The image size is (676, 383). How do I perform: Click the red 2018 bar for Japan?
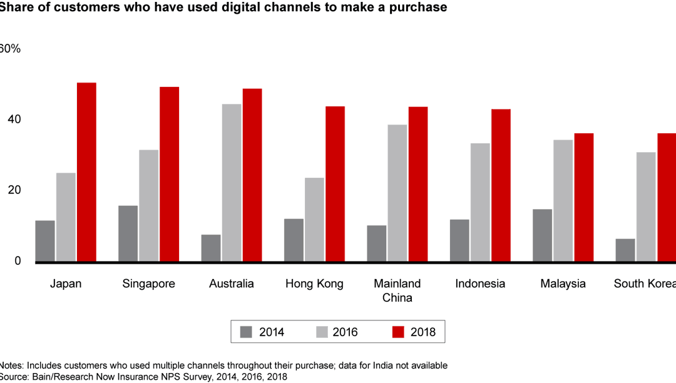pyautogui.click(x=86, y=172)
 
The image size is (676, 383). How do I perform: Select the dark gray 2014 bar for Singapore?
pyautogui.click(x=128, y=233)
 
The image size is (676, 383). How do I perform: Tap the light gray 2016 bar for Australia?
pyautogui.click(x=232, y=183)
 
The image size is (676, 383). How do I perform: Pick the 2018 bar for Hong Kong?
pyautogui.click(x=335, y=184)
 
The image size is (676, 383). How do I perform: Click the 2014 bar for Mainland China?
pyautogui.click(x=377, y=243)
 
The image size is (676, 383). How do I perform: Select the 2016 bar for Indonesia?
pyautogui.click(x=480, y=203)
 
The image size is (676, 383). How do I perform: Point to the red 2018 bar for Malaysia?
pyautogui.click(x=583, y=197)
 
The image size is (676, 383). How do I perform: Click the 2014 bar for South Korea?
pyautogui.click(x=625, y=250)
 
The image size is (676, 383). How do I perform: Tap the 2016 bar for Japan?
pyautogui.click(x=66, y=217)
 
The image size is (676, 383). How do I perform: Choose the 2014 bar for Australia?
pyautogui.click(x=211, y=248)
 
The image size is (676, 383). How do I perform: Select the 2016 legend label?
pyautogui.click(x=345, y=332)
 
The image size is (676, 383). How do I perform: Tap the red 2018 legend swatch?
pyautogui.click(x=397, y=332)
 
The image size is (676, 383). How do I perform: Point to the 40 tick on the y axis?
pyautogui.click(x=13, y=120)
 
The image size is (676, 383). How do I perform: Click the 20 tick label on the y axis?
pyautogui.click(x=13, y=190)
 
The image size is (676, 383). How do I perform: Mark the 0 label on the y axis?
pyautogui.click(x=17, y=261)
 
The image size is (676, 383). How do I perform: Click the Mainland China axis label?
pyautogui.click(x=397, y=290)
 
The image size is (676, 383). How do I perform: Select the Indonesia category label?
pyautogui.click(x=480, y=283)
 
